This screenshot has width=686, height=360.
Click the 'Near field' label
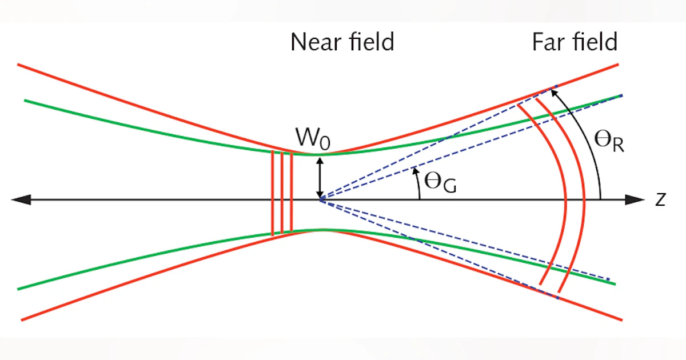342,42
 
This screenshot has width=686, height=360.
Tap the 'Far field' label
575,42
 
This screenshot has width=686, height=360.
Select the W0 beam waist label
312,139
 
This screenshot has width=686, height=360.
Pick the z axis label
661,200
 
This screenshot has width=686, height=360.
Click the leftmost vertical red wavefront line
273,193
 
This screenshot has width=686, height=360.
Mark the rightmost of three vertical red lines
292,193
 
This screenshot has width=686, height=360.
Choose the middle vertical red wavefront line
282,193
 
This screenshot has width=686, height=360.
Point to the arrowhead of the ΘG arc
414,170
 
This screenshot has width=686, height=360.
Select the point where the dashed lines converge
320,199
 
